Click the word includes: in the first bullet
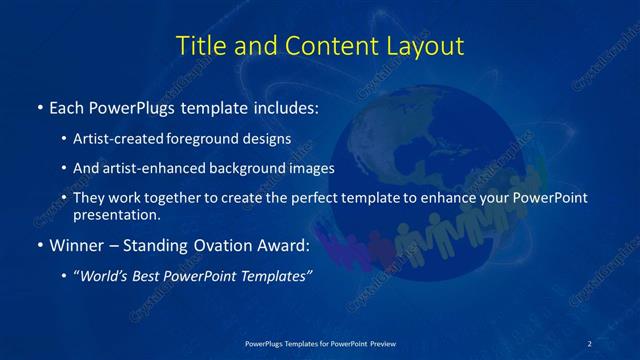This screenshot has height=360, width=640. pyautogui.click(x=284, y=107)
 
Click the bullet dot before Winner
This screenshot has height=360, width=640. pyautogui.click(x=39, y=245)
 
